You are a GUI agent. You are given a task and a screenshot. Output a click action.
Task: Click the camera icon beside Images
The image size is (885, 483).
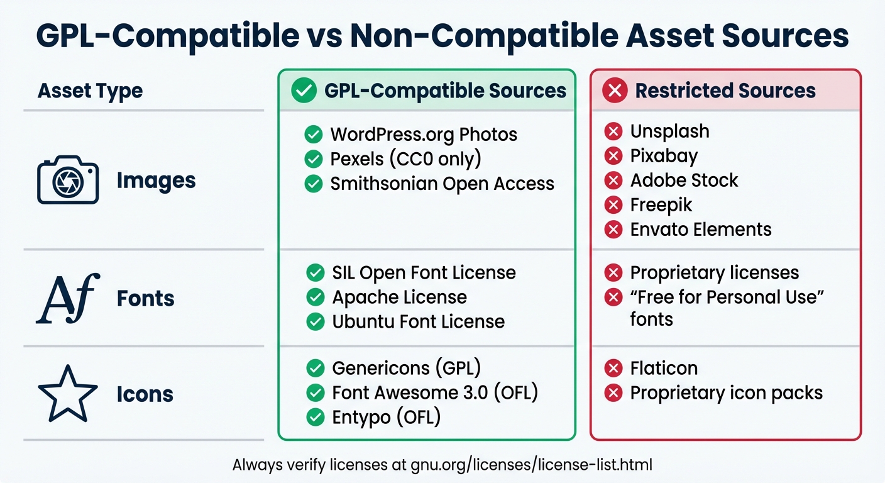[x=68, y=180]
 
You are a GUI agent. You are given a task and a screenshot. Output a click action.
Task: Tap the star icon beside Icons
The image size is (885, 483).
[x=68, y=394]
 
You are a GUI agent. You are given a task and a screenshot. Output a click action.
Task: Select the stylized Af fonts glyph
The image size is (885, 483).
[x=68, y=299]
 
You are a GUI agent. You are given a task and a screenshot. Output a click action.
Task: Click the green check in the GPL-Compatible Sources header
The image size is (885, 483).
[x=304, y=91]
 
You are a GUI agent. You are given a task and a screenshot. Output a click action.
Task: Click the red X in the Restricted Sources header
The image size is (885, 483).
[x=614, y=91]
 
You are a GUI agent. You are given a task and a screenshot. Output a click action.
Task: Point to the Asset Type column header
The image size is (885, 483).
[x=90, y=91]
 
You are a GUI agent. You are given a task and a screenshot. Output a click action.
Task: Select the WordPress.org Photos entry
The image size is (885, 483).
[x=423, y=135]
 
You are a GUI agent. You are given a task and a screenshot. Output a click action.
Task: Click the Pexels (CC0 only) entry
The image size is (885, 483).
[x=405, y=159]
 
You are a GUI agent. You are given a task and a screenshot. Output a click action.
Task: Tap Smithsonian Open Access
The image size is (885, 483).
[x=442, y=184]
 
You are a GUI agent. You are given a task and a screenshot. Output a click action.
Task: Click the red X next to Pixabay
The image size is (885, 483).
[x=613, y=156]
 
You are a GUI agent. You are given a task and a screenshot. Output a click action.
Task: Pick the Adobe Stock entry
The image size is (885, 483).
[x=684, y=180]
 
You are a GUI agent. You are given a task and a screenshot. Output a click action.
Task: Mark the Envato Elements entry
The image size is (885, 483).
[x=700, y=230]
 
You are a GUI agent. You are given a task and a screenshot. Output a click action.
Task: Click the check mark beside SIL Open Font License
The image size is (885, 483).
[x=314, y=273]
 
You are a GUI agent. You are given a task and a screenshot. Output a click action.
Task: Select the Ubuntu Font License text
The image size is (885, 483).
[x=418, y=322]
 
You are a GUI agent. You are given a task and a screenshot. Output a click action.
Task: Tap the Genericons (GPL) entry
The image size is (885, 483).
[x=406, y=368]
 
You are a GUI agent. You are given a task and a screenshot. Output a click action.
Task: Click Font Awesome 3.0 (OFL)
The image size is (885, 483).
[x=435, y=392]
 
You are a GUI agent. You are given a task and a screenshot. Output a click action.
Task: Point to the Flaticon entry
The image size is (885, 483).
[x=664, y=368]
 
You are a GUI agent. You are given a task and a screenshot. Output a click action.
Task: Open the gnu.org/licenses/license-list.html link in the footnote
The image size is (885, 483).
[x=532, y=465]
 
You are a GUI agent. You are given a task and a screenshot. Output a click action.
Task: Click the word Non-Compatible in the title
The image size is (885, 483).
[x=475, y=36]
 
